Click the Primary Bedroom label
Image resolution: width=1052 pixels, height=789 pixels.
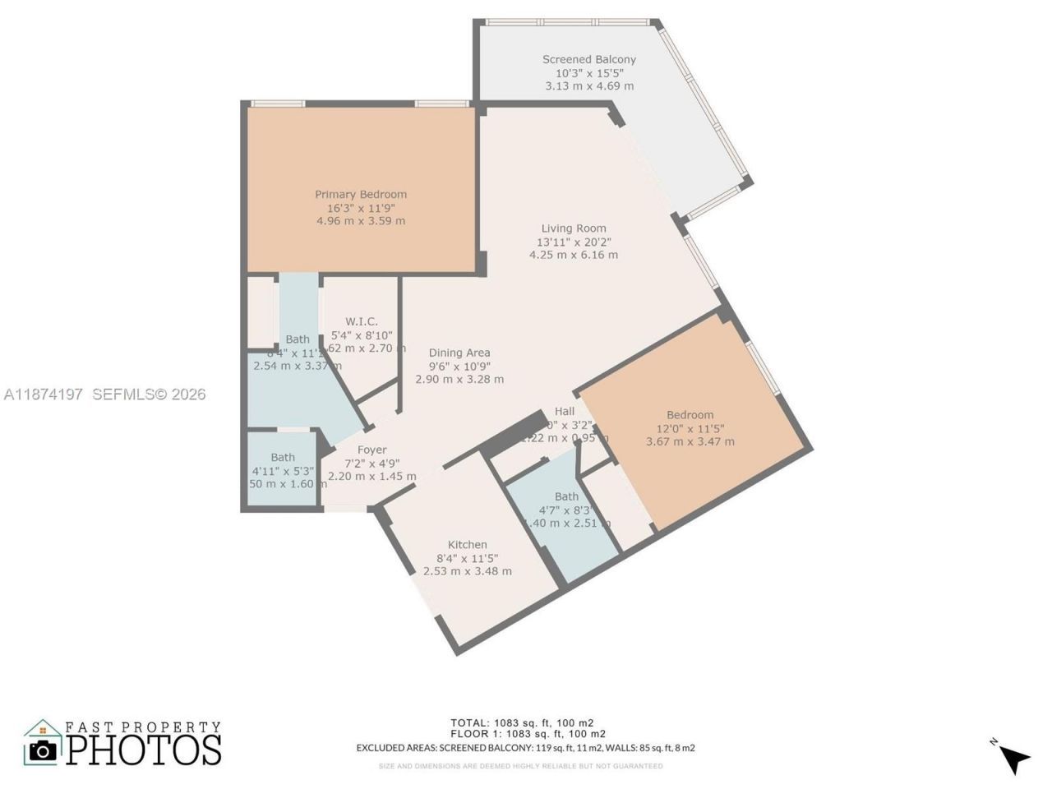(361, 195)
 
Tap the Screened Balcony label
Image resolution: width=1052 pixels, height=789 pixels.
(588, 59)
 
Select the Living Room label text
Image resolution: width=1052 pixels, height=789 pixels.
(574, 228)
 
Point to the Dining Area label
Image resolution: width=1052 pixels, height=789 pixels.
(459, 353)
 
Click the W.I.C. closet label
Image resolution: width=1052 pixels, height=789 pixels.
(362, 321)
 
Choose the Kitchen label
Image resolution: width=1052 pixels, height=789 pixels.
(467, 544)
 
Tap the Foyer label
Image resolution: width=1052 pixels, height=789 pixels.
(371, 450)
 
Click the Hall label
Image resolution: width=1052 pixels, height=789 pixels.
(565, 411)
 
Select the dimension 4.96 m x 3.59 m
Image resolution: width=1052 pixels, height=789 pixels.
(361, 221)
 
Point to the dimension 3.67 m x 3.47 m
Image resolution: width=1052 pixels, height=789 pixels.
(690, 441)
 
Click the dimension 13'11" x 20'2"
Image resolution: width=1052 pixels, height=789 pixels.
(574, 242)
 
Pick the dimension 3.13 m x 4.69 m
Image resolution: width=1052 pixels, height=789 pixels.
(588, 85)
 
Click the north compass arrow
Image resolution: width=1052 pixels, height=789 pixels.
(1014, 758)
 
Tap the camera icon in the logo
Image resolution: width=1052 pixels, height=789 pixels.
(43, 749)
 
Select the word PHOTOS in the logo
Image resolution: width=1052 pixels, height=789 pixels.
(144, 750)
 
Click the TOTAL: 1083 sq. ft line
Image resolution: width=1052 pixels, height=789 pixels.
(527, 722)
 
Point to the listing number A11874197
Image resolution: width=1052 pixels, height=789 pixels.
(44, 394)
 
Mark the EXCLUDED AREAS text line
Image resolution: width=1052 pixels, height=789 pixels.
(525, 748)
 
